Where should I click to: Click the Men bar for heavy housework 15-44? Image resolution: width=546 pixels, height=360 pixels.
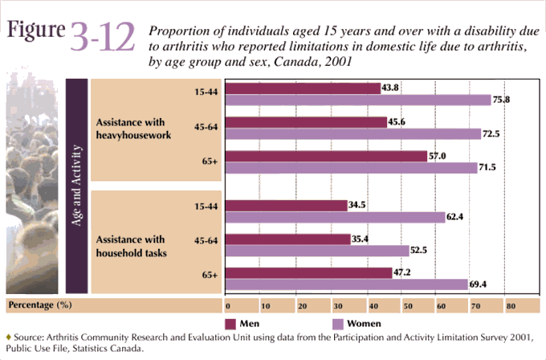point(304,88)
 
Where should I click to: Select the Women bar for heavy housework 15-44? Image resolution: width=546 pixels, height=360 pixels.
point(357,100)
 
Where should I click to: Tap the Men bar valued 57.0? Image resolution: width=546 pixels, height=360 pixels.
point(327,156)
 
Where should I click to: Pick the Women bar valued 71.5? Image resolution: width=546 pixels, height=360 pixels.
point(352,168)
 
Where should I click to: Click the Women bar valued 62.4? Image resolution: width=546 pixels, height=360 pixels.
point(336,217)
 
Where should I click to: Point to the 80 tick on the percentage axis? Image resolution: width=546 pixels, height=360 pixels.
point(510,306)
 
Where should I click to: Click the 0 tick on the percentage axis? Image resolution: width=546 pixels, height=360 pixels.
point(228,306)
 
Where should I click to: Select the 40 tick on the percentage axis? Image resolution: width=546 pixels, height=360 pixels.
point(369,306)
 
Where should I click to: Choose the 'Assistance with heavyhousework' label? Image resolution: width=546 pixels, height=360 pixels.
point(133,129)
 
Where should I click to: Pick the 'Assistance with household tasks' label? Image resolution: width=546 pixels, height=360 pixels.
point(131,246)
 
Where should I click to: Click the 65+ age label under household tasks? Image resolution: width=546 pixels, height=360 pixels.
point(210,275)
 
